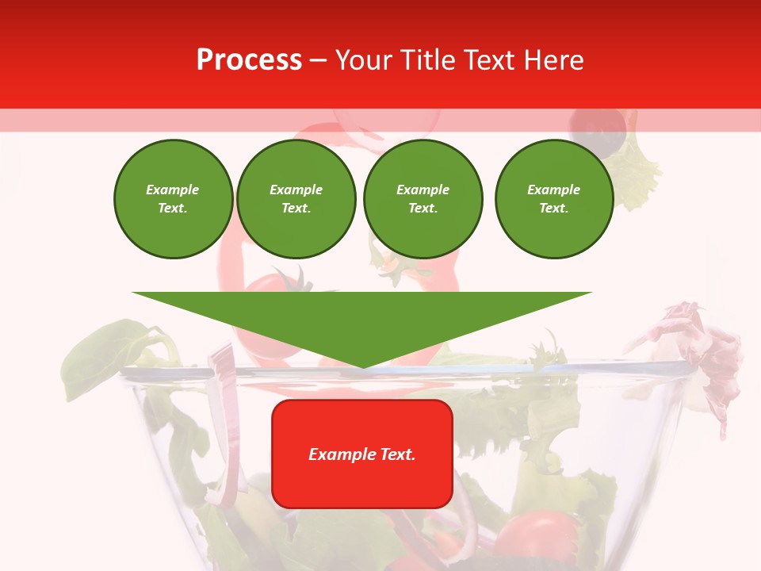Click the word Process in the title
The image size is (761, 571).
pos(249,59)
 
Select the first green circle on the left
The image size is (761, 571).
pos(174,199)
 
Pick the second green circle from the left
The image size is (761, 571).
pos(296,199)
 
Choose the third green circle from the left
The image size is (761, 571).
pos(423,199)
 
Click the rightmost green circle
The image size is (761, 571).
pos(554,199)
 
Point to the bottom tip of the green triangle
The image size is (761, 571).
pos(363,366)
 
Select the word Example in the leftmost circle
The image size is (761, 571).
pos(173,190)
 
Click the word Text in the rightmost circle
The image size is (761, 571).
pos(553,209)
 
